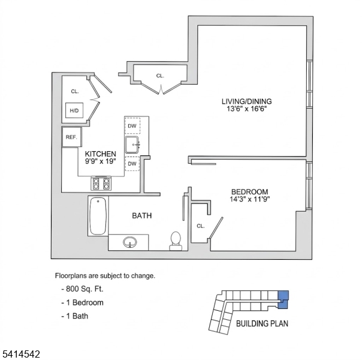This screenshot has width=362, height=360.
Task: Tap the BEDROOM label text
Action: (x=249, y=191)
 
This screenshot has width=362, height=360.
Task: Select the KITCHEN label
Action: (x=100, y=154)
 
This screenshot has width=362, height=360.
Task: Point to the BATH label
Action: (x=142, y=215)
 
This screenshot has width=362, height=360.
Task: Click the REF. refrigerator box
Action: (x=71, y=137)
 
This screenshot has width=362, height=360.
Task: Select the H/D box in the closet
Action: (x=74, y=111)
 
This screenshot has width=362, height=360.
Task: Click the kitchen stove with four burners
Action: (x=101, y=183)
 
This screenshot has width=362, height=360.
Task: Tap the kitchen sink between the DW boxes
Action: (x=132, y=145)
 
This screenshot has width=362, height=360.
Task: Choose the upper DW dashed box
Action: (x=132, y=126)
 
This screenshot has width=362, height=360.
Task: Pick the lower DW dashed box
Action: (x=132, y=163)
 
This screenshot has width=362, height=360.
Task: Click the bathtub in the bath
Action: (x=98, y=217)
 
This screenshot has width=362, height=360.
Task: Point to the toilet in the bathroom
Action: (x=176, y=239)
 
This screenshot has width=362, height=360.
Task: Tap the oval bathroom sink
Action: (x=130, y=243)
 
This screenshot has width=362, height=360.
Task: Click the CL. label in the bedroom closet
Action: (x=201, y=226)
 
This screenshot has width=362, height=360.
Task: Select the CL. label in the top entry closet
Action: (x=160, y=76)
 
